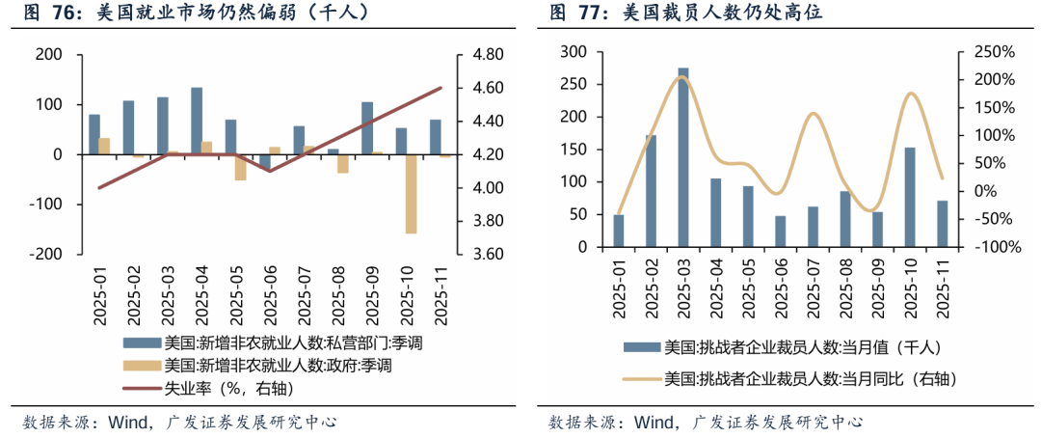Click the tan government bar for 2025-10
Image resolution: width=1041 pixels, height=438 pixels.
pyautogui.click(x=411, y=193)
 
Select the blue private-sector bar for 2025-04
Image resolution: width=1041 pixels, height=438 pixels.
pyautogui.click(x=197, y=121)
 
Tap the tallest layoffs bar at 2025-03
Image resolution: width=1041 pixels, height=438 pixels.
pyautogui.click(x=683, y=157)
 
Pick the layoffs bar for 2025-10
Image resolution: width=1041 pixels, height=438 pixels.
pyautogui.click(x=910, y=197)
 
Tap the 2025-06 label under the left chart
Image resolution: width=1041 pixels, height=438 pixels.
pyautogui.click(x=264, y=295)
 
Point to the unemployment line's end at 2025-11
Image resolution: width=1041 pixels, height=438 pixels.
pyautogui.click(x=440, y=88)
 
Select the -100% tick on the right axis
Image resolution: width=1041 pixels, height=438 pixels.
pyautogui.click(x=994, y=247)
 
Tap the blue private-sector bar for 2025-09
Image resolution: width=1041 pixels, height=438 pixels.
pyautogui.click(x=367, y=127)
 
